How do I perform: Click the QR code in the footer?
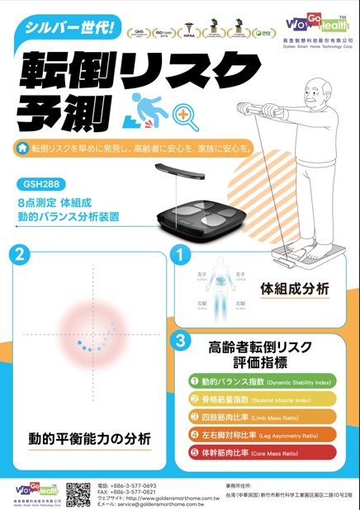tap(78, 493)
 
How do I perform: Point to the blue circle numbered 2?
tap(25, 254)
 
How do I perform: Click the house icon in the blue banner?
tap(22, 149)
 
